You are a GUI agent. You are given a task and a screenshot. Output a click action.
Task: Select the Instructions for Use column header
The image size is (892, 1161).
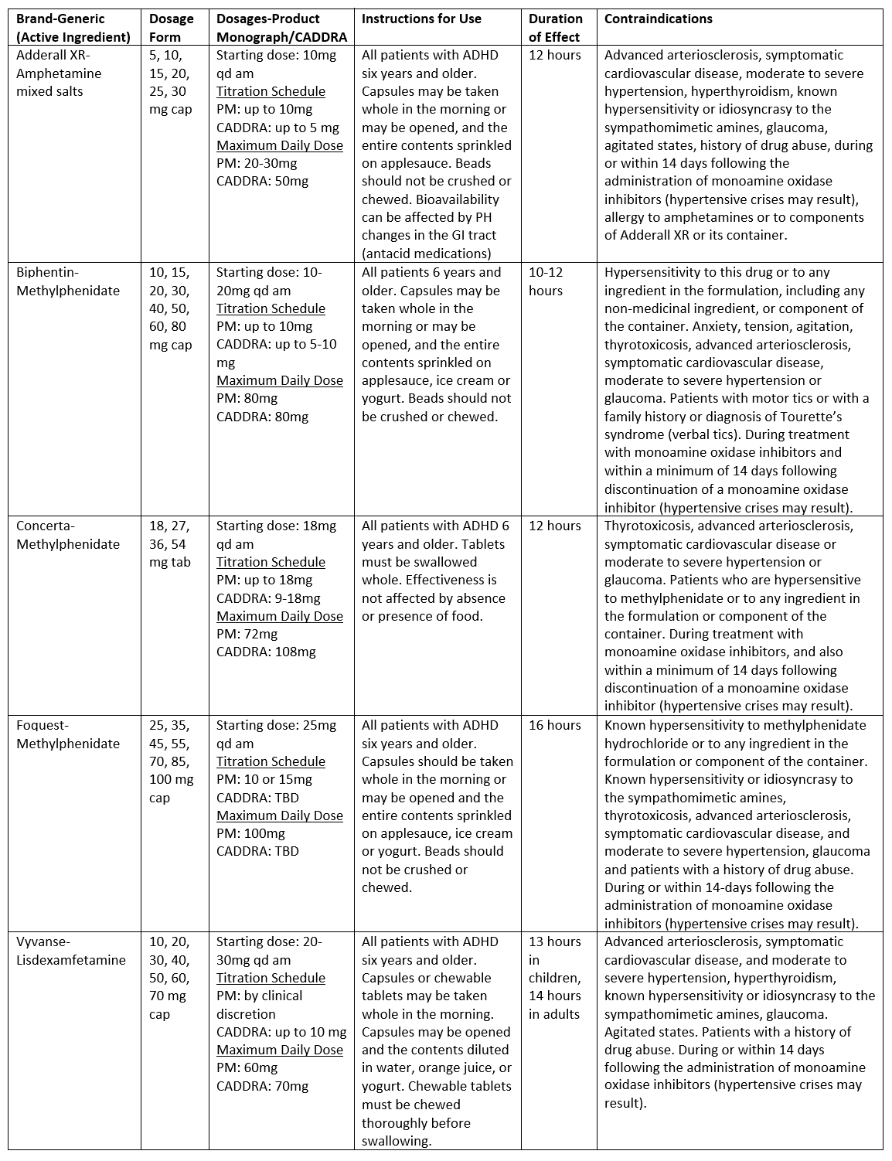(421, 19)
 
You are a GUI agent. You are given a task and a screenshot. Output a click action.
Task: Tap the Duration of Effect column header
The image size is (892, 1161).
(555, 28)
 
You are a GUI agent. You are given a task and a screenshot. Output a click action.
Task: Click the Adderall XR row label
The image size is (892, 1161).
(60, 73)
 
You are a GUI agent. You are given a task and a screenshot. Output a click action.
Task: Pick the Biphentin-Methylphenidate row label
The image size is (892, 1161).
(68, 281)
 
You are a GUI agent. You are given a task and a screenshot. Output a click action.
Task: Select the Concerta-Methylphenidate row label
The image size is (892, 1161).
(68, 535)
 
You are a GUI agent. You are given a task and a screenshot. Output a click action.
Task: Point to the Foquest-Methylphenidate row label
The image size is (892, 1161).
(68, 734)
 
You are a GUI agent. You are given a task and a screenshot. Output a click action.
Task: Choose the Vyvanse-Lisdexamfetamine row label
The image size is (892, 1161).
(71, 951)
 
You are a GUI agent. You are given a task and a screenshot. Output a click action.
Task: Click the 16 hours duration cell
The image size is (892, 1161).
(554, 725)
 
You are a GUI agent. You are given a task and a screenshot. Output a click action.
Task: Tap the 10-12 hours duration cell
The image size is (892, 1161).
(546, 281)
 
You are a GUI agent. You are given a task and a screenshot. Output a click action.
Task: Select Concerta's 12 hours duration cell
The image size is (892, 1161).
(554, 526)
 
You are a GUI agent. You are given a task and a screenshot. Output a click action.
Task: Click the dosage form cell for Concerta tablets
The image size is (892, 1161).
(169, 544)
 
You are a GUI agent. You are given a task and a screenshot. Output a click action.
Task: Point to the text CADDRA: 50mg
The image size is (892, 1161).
(262, 181)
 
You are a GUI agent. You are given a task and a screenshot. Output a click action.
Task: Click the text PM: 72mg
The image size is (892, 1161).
(247, 634)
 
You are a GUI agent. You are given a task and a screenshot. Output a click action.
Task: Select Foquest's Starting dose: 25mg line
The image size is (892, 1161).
(276, 725)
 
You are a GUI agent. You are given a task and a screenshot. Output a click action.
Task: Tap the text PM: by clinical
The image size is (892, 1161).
(259, 996)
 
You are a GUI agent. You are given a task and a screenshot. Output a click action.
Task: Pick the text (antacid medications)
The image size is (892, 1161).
(426, 253)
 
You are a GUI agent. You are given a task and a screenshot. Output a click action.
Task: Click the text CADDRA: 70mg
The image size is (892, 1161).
(262, 1086)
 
